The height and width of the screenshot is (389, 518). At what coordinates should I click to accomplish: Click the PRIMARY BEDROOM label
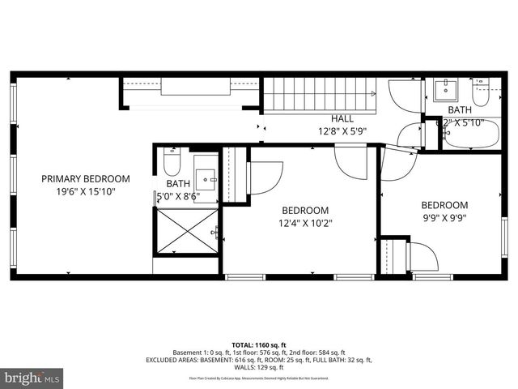pos(85,178)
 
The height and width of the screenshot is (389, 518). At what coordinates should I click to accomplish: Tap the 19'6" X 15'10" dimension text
pos(85,192)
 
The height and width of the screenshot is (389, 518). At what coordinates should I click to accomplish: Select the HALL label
pos(342,118)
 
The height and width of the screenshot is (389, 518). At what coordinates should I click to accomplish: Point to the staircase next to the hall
pos(320,95)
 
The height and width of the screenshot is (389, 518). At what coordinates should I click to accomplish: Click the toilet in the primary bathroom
pos(172,165)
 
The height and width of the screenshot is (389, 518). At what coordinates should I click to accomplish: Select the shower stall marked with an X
pos(187,231)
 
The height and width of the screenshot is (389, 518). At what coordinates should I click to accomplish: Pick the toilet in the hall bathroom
pos(481,95)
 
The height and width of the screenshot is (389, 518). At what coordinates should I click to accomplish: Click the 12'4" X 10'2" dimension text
pos(305,222)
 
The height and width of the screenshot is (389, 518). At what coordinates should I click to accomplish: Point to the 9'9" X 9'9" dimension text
pos(444,217)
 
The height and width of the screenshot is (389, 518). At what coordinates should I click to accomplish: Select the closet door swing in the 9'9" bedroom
pos(422,257)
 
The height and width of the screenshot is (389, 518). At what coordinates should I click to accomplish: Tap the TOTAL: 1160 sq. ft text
pos(259,344)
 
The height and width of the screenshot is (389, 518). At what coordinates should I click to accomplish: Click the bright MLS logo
pos(32,378)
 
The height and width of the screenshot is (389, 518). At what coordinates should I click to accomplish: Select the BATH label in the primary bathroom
pos(178,184)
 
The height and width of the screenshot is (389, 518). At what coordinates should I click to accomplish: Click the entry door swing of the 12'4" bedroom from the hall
pos(350,161)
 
